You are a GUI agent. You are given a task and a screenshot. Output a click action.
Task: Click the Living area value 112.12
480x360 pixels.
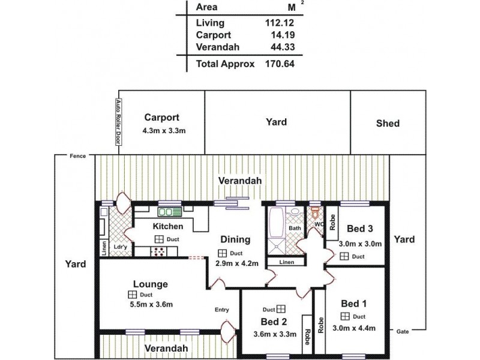(280, 23)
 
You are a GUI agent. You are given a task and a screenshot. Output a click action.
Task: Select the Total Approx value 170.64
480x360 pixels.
(280, 62)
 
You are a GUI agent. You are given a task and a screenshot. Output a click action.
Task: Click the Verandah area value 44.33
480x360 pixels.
(282, 48)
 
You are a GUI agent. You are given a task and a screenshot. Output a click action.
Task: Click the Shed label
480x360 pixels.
(388, 124)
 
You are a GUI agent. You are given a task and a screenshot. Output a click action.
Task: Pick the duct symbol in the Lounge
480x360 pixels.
(131, 295)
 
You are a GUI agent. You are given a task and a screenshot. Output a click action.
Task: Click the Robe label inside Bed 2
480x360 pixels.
(306, 332)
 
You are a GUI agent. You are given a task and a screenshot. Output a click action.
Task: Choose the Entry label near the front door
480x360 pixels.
(222, 310)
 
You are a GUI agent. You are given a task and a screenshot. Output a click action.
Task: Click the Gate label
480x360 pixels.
(402, 331)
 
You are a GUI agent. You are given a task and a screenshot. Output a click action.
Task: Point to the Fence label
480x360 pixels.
(77, 155)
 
